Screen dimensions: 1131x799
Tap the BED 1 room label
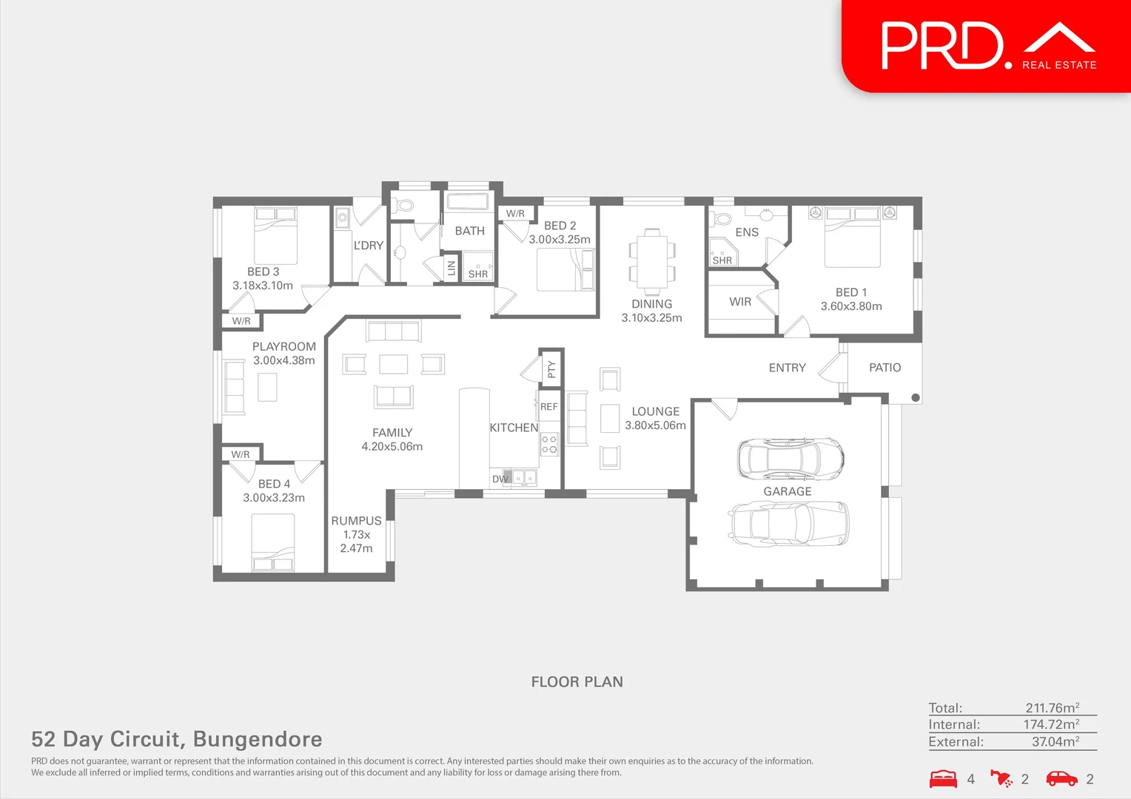click(x=851, y=292)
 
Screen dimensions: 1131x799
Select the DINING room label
click(x=652, y=304)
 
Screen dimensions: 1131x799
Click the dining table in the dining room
click(x=652, y=261)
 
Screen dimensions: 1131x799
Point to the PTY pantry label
click(x=551, y=369)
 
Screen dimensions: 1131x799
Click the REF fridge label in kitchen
click(x=548, y=406)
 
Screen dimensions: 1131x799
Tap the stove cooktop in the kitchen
click(x=549, y=444)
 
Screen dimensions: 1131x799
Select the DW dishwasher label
click(x=500, y=479)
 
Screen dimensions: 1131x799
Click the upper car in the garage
click(x=791, y=458)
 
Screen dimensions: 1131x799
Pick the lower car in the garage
click(x=788, y=523)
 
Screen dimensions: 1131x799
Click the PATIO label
click(x=885, y=368)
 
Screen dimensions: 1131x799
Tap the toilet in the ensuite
click(x=720, y=219)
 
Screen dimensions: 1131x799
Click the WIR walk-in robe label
click(x=740, y=302)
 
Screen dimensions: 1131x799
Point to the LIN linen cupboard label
click(x=452, y=268)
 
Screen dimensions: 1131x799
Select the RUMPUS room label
click(x=356, y=521)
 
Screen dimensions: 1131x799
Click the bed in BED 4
click(x=272, y=542)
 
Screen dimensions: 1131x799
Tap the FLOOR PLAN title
click(x=577, y=682)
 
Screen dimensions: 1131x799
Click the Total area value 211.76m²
click(x=1053, y=708)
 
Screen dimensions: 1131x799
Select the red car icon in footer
click(x=1062, y=779)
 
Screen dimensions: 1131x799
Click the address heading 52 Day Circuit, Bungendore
click(x=177, y=739)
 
